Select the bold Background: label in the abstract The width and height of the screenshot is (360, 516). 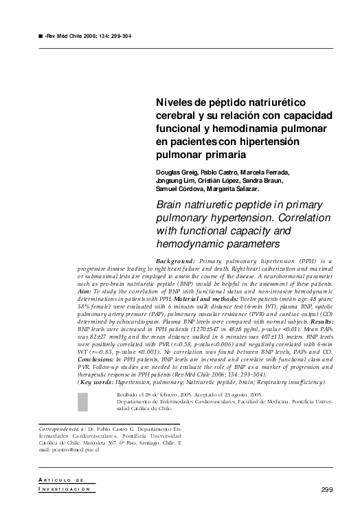(x=176, y=262)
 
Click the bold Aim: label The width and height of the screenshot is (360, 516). (x=71, y=291)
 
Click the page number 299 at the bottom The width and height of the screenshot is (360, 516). (x=327, y=489)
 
